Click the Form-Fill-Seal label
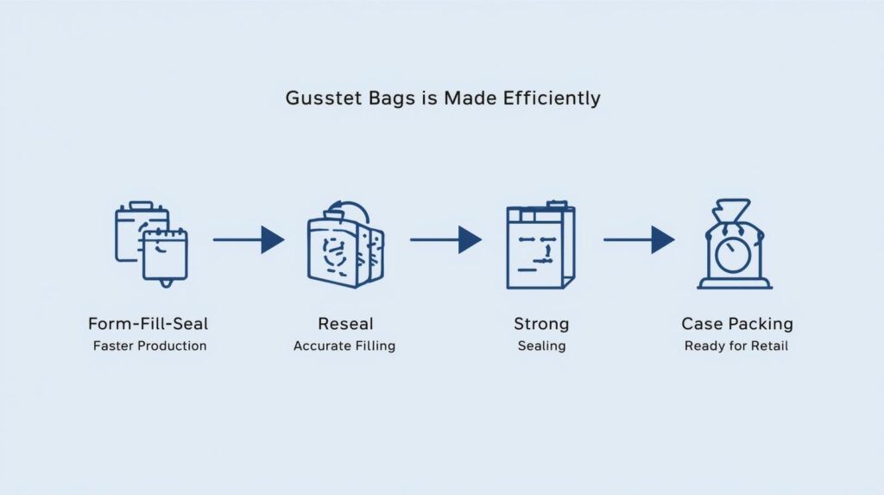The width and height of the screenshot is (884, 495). [x=148, y=325]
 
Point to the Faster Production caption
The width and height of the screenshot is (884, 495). [x=148, y=346]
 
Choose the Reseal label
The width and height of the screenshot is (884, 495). [x=345, y=325]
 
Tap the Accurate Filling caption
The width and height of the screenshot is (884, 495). [x=344, y=346]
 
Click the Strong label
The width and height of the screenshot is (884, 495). [x=541, y=325]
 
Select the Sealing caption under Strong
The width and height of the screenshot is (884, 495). [x=541, y=346]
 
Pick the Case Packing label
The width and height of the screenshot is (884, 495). [x=736, y=325]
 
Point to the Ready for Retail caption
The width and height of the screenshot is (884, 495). [x=736, y=346]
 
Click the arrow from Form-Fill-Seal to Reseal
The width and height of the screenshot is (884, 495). [x=249, y=239]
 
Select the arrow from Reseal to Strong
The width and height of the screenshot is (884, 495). [x=445, y=239]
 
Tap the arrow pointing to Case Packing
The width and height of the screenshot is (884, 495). [x=639, y=239]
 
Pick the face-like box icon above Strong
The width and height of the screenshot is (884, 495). [x=540, y=245]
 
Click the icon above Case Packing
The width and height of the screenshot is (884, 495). [x=735, y=245]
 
